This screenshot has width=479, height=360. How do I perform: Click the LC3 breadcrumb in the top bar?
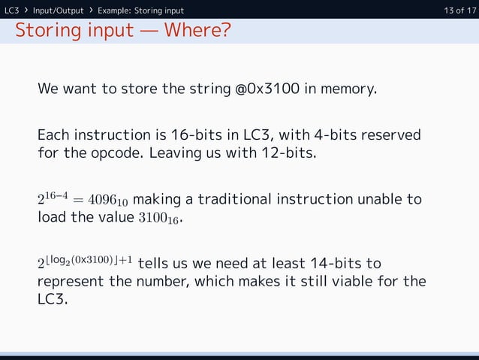coord(12,11)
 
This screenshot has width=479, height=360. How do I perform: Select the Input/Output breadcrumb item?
coord(58,11)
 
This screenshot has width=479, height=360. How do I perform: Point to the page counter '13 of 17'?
coord(459,11)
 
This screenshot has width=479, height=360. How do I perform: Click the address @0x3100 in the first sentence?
coord(268,89)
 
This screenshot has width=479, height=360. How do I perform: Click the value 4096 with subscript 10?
coord(107,201)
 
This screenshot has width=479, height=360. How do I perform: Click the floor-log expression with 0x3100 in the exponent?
coord(86,264)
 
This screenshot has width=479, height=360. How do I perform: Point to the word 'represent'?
coord(69,283)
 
